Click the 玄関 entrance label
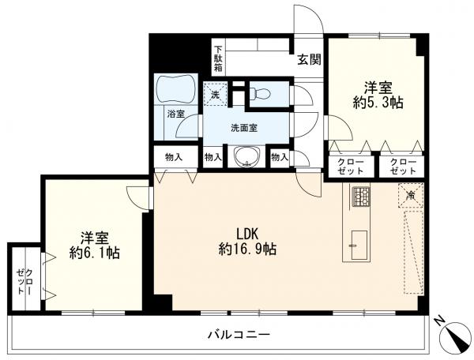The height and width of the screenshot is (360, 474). [x=309, y=60]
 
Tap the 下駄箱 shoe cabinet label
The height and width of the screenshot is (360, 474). [x=218, y=58]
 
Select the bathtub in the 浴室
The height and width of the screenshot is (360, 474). [x=176, y=88]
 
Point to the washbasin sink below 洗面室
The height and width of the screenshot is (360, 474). [x=246, y=156]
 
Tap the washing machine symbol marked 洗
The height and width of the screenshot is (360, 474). [x=215, y=93]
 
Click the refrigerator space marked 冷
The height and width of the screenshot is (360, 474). [x=411, y=196]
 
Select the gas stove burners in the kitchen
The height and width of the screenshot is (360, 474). [x=362, y=197]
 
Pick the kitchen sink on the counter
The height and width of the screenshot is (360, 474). [x=359, y=245]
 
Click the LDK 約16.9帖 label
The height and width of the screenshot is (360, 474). [x=247, y=242]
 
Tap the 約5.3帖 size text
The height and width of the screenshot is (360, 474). [x=378, y=103]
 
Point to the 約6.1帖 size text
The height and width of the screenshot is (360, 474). [x=94, y=253]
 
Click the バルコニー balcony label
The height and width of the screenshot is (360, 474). [x=239, y=335]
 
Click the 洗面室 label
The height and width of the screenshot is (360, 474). [x=244, y=129]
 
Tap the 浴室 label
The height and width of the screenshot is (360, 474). [x=176, y=114]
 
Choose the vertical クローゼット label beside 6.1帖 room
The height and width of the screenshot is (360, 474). [x=24, y=282]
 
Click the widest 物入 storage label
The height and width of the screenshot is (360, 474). [x=174, y=157]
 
